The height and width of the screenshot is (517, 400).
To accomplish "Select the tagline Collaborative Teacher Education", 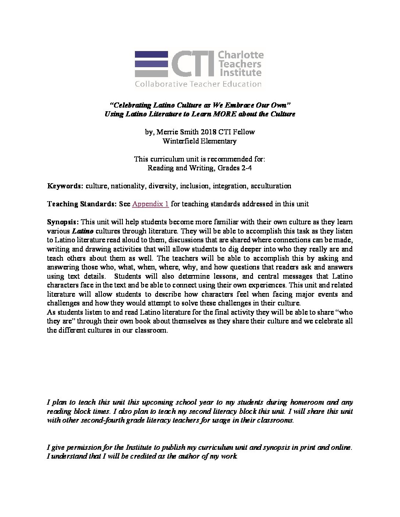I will click(x=198, y=84).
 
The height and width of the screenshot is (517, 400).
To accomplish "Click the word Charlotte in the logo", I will click(x=241, y=55).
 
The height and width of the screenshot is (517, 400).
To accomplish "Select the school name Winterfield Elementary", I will click(x=200, y=141).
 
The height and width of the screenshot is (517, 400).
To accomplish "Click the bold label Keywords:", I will click(x=65, y=186).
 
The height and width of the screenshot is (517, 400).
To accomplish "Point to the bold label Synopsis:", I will click(x=63, y=222).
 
